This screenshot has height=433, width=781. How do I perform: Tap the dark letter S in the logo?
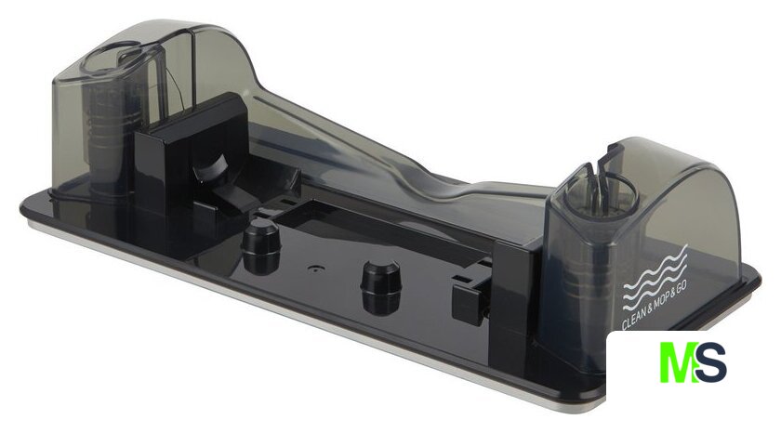click(x=710, y=361)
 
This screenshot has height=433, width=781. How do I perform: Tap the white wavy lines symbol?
click(x=655, y=275)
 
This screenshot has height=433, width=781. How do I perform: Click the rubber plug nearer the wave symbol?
click(x=380, y=287)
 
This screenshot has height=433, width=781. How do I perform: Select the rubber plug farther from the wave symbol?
click(x=260, y=247)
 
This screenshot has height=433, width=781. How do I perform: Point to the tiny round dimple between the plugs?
click(x=315, y=268)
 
